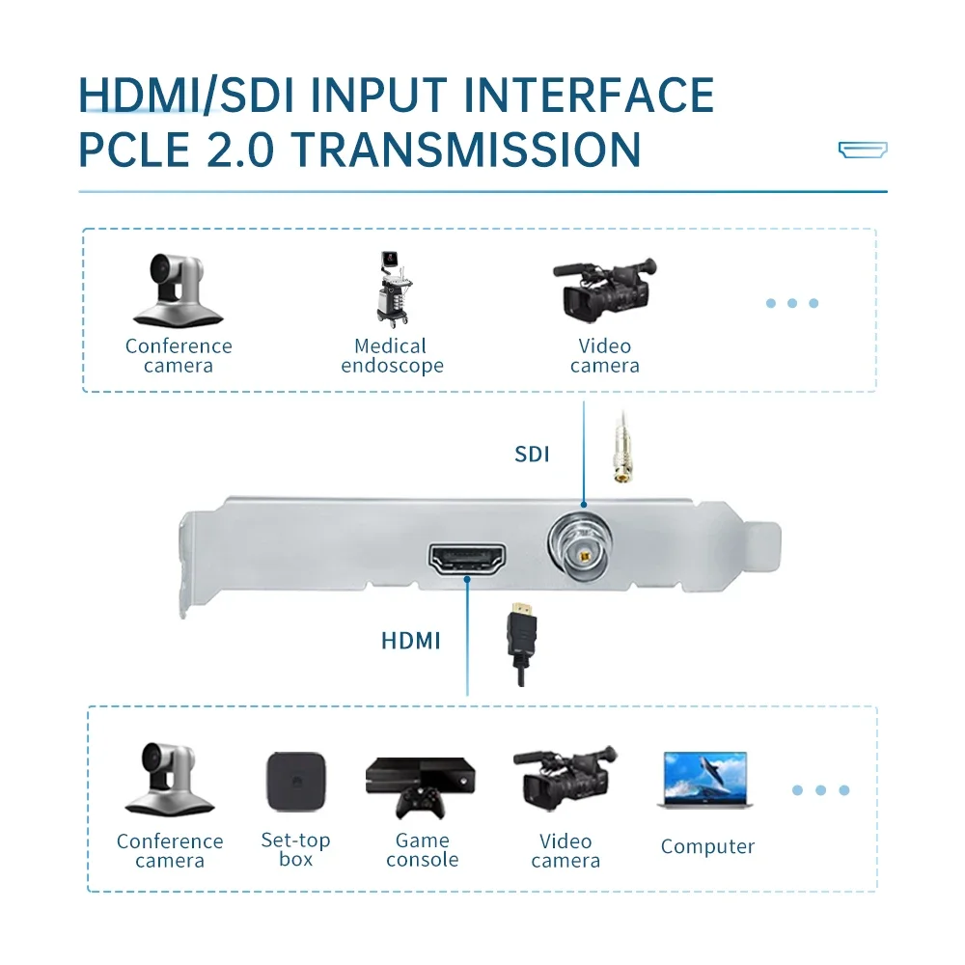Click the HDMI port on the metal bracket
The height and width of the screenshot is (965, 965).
tap(467, 561)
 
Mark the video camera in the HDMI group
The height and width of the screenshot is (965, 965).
tap(565, 778)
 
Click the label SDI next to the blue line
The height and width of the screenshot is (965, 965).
tap(532, 454)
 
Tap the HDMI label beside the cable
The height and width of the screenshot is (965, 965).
tap(410, 640)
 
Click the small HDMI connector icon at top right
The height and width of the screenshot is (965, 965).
tap(862, 150)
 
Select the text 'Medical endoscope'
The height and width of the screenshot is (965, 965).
tap(392, 356)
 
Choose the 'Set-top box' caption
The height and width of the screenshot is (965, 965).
tap(295, 849)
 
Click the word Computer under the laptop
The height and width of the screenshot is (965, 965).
tap(707, 847)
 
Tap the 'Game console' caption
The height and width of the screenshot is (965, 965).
tap(422, 850)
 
